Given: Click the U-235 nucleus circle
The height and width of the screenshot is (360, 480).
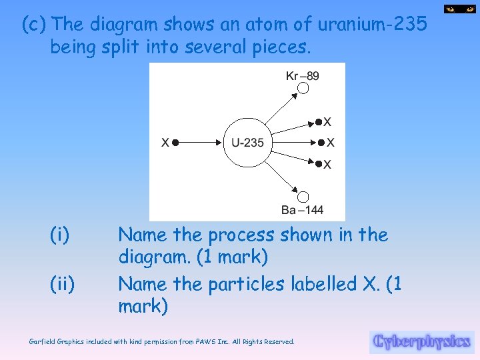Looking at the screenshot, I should point(247,142).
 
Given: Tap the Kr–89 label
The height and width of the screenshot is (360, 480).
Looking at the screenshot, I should point(302,75).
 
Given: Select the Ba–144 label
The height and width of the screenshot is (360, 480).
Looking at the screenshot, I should point(302,210).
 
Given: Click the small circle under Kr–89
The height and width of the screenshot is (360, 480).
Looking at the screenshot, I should point(303,88).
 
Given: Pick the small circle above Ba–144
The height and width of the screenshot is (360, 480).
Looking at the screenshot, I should point(303,197).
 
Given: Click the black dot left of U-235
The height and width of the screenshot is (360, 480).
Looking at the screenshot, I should point(176,142).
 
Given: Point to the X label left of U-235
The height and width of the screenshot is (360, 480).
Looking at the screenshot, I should point(165,142).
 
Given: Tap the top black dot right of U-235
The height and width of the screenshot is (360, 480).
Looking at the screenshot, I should point(318,122).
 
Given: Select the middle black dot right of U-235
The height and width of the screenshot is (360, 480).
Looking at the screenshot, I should point(321,143).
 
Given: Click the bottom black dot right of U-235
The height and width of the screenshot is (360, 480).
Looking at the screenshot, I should point(318,163).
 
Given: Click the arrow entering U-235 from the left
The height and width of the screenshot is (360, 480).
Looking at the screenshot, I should point(200,142).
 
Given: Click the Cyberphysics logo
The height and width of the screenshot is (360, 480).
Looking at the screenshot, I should point(421,342).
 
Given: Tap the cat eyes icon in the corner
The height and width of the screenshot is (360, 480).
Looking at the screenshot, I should point(460,9).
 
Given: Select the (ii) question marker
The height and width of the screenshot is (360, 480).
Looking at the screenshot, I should point(62,284).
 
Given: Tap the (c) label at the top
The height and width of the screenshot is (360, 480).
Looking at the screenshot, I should point(34,25).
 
